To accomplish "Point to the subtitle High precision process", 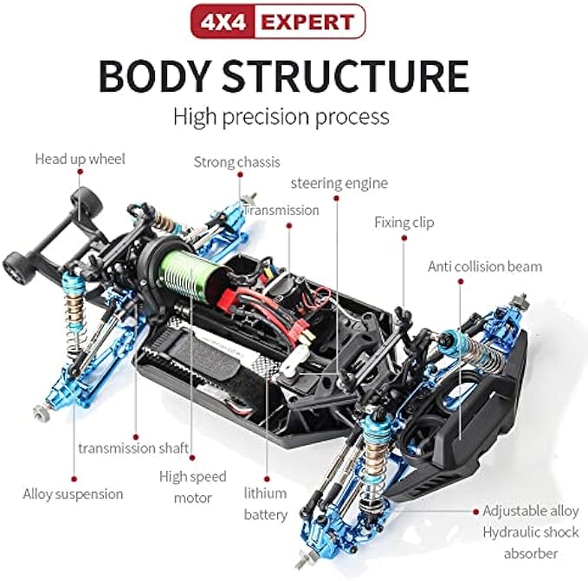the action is coord(281,116).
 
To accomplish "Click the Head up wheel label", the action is coord(80,158).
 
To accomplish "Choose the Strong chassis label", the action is coord(236,162).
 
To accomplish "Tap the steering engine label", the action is coord(339,183).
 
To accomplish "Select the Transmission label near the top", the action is coord(281,210).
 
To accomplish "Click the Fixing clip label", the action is coord(404,223).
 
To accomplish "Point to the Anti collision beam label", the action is coord(485,266).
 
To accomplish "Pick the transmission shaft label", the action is coord(133,448).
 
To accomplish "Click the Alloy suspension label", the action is coord(73,494).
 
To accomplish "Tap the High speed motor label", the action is coord(192,487).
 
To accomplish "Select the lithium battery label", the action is coord(265,504).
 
